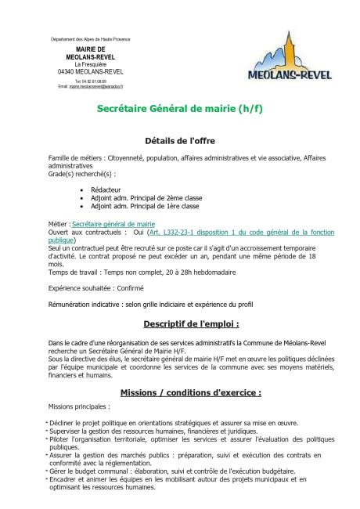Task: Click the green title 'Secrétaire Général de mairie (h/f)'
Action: [179, 109]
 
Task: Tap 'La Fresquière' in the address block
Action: [85, 63]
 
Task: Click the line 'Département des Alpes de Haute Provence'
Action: [85, 38]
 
